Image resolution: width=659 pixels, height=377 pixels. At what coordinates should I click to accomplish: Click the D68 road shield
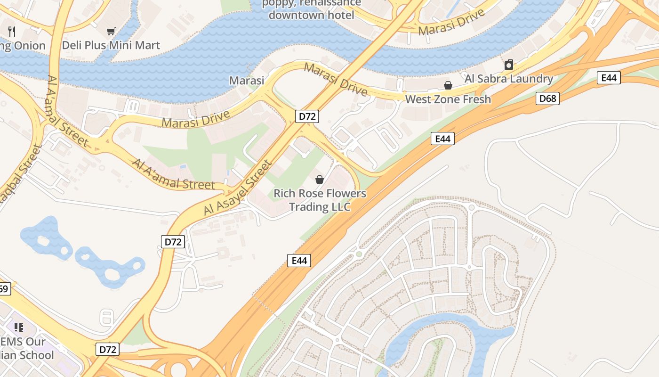point(547,98)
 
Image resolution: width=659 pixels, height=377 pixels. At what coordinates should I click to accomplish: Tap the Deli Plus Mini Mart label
point(111,45)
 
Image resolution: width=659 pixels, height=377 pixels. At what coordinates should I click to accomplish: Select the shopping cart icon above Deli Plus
point(111,32)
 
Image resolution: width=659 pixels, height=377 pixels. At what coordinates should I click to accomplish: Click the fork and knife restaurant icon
point(12,32)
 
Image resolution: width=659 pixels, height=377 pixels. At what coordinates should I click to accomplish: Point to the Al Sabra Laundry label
point(508,79)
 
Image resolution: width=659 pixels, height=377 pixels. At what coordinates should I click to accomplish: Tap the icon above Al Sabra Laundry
point(508,65)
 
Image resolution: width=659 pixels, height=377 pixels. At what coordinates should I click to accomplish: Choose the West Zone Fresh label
point(448,99)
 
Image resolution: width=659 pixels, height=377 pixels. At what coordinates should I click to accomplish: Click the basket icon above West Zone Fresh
point(448,85)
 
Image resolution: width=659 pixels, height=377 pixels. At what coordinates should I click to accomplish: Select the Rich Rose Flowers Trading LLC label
point(320,200)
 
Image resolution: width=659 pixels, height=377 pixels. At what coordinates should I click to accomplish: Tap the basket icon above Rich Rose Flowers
point(320,180)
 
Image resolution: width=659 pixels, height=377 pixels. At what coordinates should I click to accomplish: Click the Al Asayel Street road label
point(238,188)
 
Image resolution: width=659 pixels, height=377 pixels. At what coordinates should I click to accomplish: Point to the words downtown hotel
point(311,15)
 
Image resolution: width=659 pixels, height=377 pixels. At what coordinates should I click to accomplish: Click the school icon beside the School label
point(19,327)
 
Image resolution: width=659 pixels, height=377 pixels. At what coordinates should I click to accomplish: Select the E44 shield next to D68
point(609,78)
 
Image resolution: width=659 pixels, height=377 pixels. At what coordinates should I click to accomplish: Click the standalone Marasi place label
point(247,81)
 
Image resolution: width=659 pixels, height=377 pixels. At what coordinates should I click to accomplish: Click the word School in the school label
point(37,355)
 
